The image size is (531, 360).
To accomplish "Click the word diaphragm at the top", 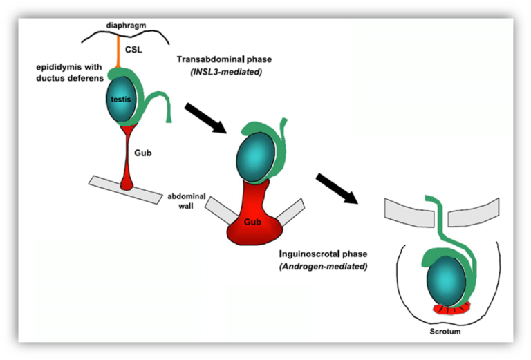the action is pyautogui.click(x=126, y=26).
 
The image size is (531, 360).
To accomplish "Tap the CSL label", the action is pyautogui.click(x=133, y=50).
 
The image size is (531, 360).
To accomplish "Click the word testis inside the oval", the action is pyautogui.click(x=121, y=99).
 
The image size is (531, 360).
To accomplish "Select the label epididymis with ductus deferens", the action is pyautogui.click(x=70, y=73).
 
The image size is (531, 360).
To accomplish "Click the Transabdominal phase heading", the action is pyautogui.click(x=224, y=59).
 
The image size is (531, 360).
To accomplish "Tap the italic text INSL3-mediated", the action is pyautogui.click(x=226, y=72).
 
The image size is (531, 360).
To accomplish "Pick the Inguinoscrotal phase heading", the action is pyautogui.click(x=323, y=254).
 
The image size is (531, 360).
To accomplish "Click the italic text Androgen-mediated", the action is pyautogui.click(x=324, y=267).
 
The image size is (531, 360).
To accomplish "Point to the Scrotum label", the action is pyautogui.click(x=445, y=332).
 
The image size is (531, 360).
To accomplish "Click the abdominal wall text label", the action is pyautogui.click(x=186, y=201).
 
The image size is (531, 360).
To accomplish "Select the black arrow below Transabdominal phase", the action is pyautogui.click(x=205, y=118).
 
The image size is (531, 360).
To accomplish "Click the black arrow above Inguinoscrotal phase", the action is pyautogui.click(x=337, y=189).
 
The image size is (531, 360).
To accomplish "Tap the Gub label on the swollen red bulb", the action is pyautogui.click(x=252, y=222).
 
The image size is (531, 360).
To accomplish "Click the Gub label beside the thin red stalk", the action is pyautogui.click(x=143, y=153).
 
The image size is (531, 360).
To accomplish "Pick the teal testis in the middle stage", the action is pyautogui.click(x=256, y=157).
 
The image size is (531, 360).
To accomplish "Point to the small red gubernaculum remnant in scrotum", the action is pyautogui.click(x=452, y=309).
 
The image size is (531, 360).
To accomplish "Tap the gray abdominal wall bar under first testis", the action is pyautogui.click(x=125, y=189).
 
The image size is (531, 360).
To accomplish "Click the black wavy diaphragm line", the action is pyautogui.click(x=126, y=35).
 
